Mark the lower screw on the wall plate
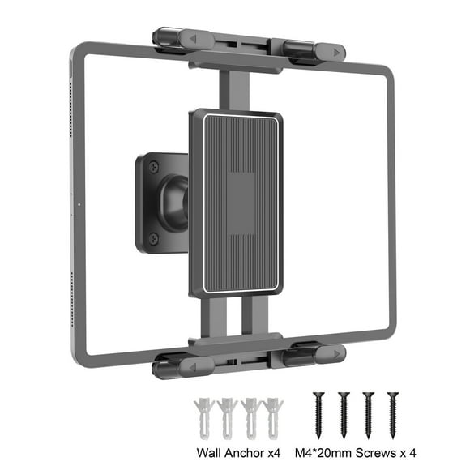152,237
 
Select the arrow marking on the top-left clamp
186,39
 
